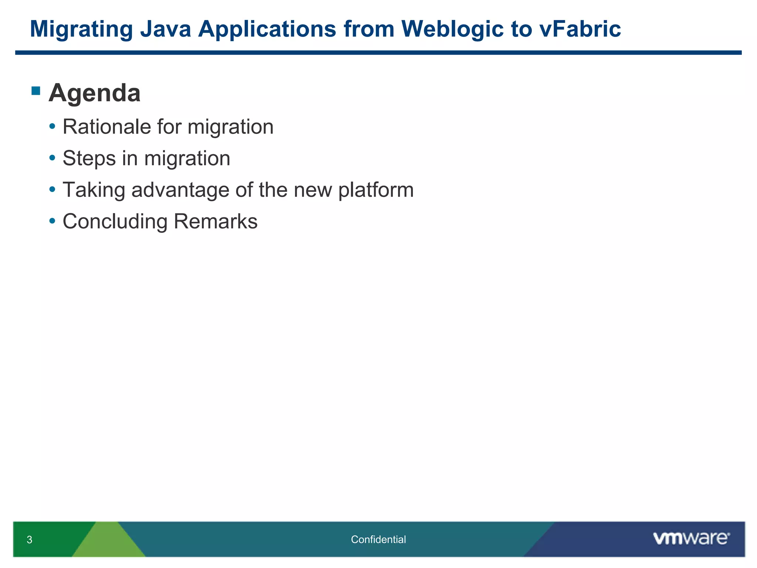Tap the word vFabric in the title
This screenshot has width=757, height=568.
(x=580, y=29)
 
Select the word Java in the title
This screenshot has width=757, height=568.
(x=165, y=29)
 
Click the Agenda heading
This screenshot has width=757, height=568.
(x=95, y=93)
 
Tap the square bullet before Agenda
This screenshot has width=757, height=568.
(x=36, y=91)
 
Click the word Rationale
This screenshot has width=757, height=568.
(x=107, y=127)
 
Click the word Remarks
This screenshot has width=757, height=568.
(x=215, y=222)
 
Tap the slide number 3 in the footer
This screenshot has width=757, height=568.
(x=30, y=540)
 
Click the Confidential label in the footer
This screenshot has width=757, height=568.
(x=378, y=540)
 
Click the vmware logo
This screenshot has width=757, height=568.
(x=691, y=538)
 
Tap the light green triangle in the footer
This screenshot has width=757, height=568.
(x=108, y=544)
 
